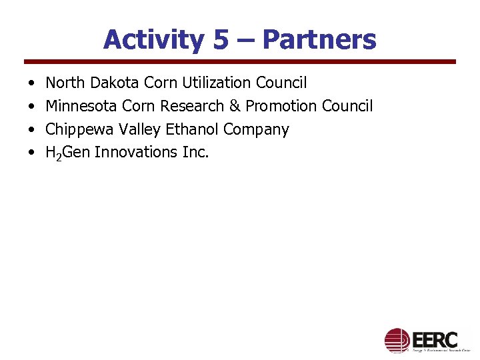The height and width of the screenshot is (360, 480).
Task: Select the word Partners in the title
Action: [x=319, y=40]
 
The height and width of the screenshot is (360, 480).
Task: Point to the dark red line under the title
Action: [x=240, y=62]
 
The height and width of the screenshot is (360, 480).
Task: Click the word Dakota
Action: [x=112, y=83]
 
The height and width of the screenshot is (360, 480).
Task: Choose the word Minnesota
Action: [x=81, y=106]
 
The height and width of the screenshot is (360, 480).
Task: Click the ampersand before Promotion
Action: [x=235, y=106]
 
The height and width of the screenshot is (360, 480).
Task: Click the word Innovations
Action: [x=136, y=152]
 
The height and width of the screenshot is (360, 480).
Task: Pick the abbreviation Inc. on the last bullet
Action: [x=195, y=152]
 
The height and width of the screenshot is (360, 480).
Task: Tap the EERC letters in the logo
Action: [x=434, y=338]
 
